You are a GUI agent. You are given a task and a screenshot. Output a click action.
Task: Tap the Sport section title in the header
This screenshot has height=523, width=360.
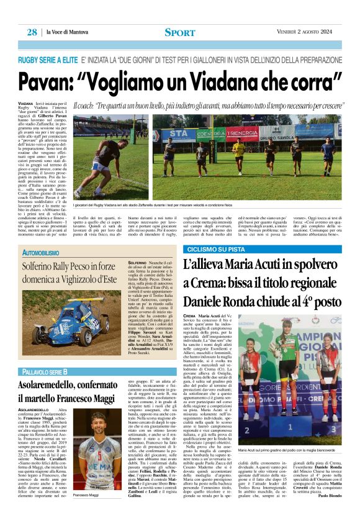pos(180,32)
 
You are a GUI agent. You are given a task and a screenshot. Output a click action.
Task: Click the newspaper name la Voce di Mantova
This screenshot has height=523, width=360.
pos(72,32)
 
